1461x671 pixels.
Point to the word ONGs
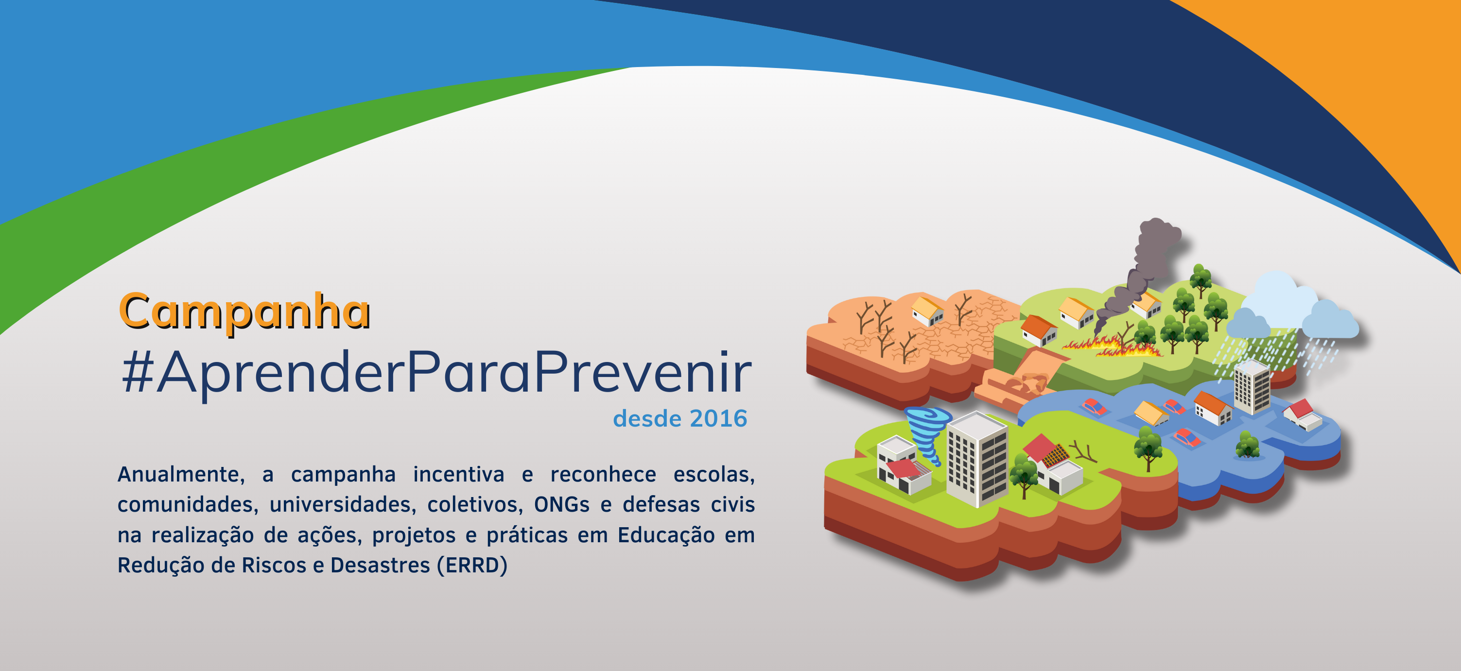[x=561, y=504]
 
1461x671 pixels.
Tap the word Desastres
[x=380, y=566]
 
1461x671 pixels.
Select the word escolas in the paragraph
[x=714, y=474]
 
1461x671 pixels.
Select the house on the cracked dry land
[x=927, y=311]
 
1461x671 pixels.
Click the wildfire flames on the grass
[x=1112, y=345]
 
